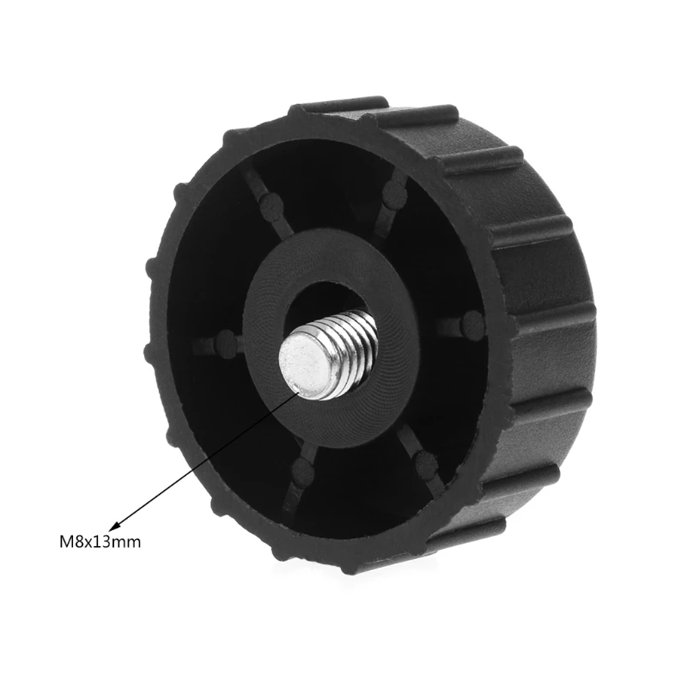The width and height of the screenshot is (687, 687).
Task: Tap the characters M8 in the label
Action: point(70,542)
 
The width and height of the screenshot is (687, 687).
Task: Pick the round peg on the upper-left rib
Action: point(271,204)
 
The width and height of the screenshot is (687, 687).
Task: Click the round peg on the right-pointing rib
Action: point(471,325)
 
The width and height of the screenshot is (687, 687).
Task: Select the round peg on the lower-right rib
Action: point(426,465)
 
